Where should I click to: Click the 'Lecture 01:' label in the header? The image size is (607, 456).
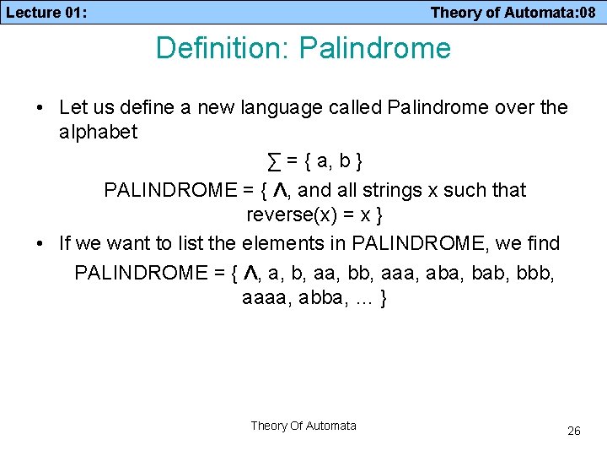pos(46,12)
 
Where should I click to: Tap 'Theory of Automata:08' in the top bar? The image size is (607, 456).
pos(513,12)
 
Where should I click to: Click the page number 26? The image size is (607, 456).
pos(573,431)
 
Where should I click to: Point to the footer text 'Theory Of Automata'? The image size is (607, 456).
pos(303,426)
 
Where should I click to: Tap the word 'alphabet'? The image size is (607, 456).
pos(99,133)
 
